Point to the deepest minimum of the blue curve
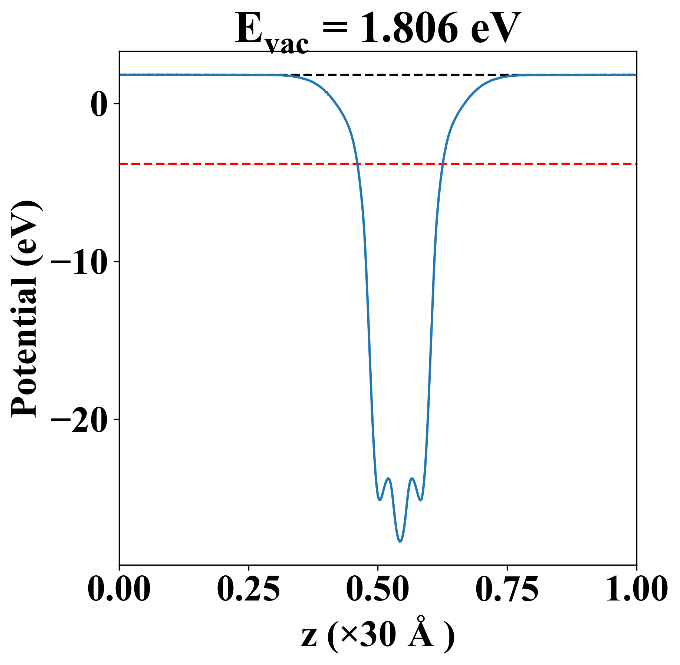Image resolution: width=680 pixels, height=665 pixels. (x=400, y=542)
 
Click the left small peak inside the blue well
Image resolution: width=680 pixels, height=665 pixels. (x=388, y=479)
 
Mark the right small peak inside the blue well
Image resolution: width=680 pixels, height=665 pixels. (x=412, y=479)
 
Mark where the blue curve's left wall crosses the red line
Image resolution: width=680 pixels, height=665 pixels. (x=357, y=163)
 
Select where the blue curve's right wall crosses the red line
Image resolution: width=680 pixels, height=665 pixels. (x=443, y=163)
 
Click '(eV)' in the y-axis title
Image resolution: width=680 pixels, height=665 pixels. (x=25, y=233)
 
